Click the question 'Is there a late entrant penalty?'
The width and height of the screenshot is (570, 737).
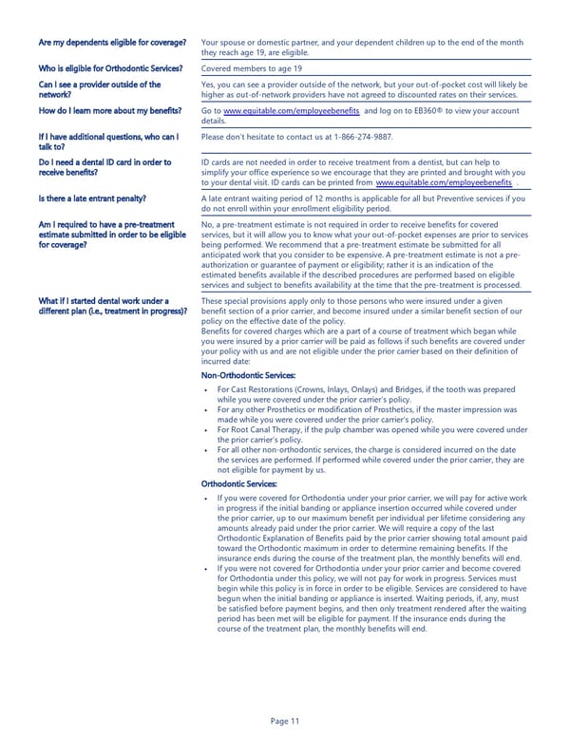(92, 198)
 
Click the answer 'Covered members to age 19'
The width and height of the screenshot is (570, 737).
(253, 69)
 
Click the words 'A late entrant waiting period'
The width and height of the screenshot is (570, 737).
(267, 198)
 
